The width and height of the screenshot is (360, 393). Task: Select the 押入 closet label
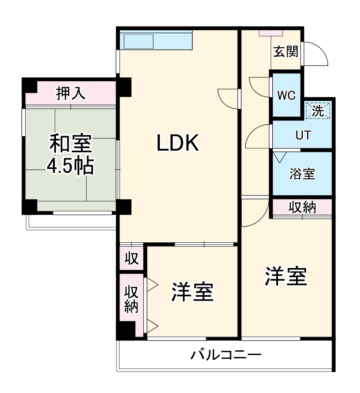pos(71,94)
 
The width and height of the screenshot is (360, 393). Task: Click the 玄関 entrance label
pos(286,51)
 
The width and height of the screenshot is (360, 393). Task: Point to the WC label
pos(286,96)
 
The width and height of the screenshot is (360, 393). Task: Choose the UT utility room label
pos(303,135)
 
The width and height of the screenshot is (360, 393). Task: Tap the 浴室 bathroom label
pos(302,174)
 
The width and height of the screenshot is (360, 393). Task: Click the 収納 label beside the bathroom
pos(302,207)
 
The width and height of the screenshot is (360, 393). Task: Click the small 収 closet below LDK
pos(131,259)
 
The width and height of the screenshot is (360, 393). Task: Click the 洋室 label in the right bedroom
pos(286,277)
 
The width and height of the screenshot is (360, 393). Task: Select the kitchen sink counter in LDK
pos(156,40)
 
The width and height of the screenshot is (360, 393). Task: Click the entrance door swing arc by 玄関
pos(316,54)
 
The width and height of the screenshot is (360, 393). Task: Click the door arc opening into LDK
pos(227,98)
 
